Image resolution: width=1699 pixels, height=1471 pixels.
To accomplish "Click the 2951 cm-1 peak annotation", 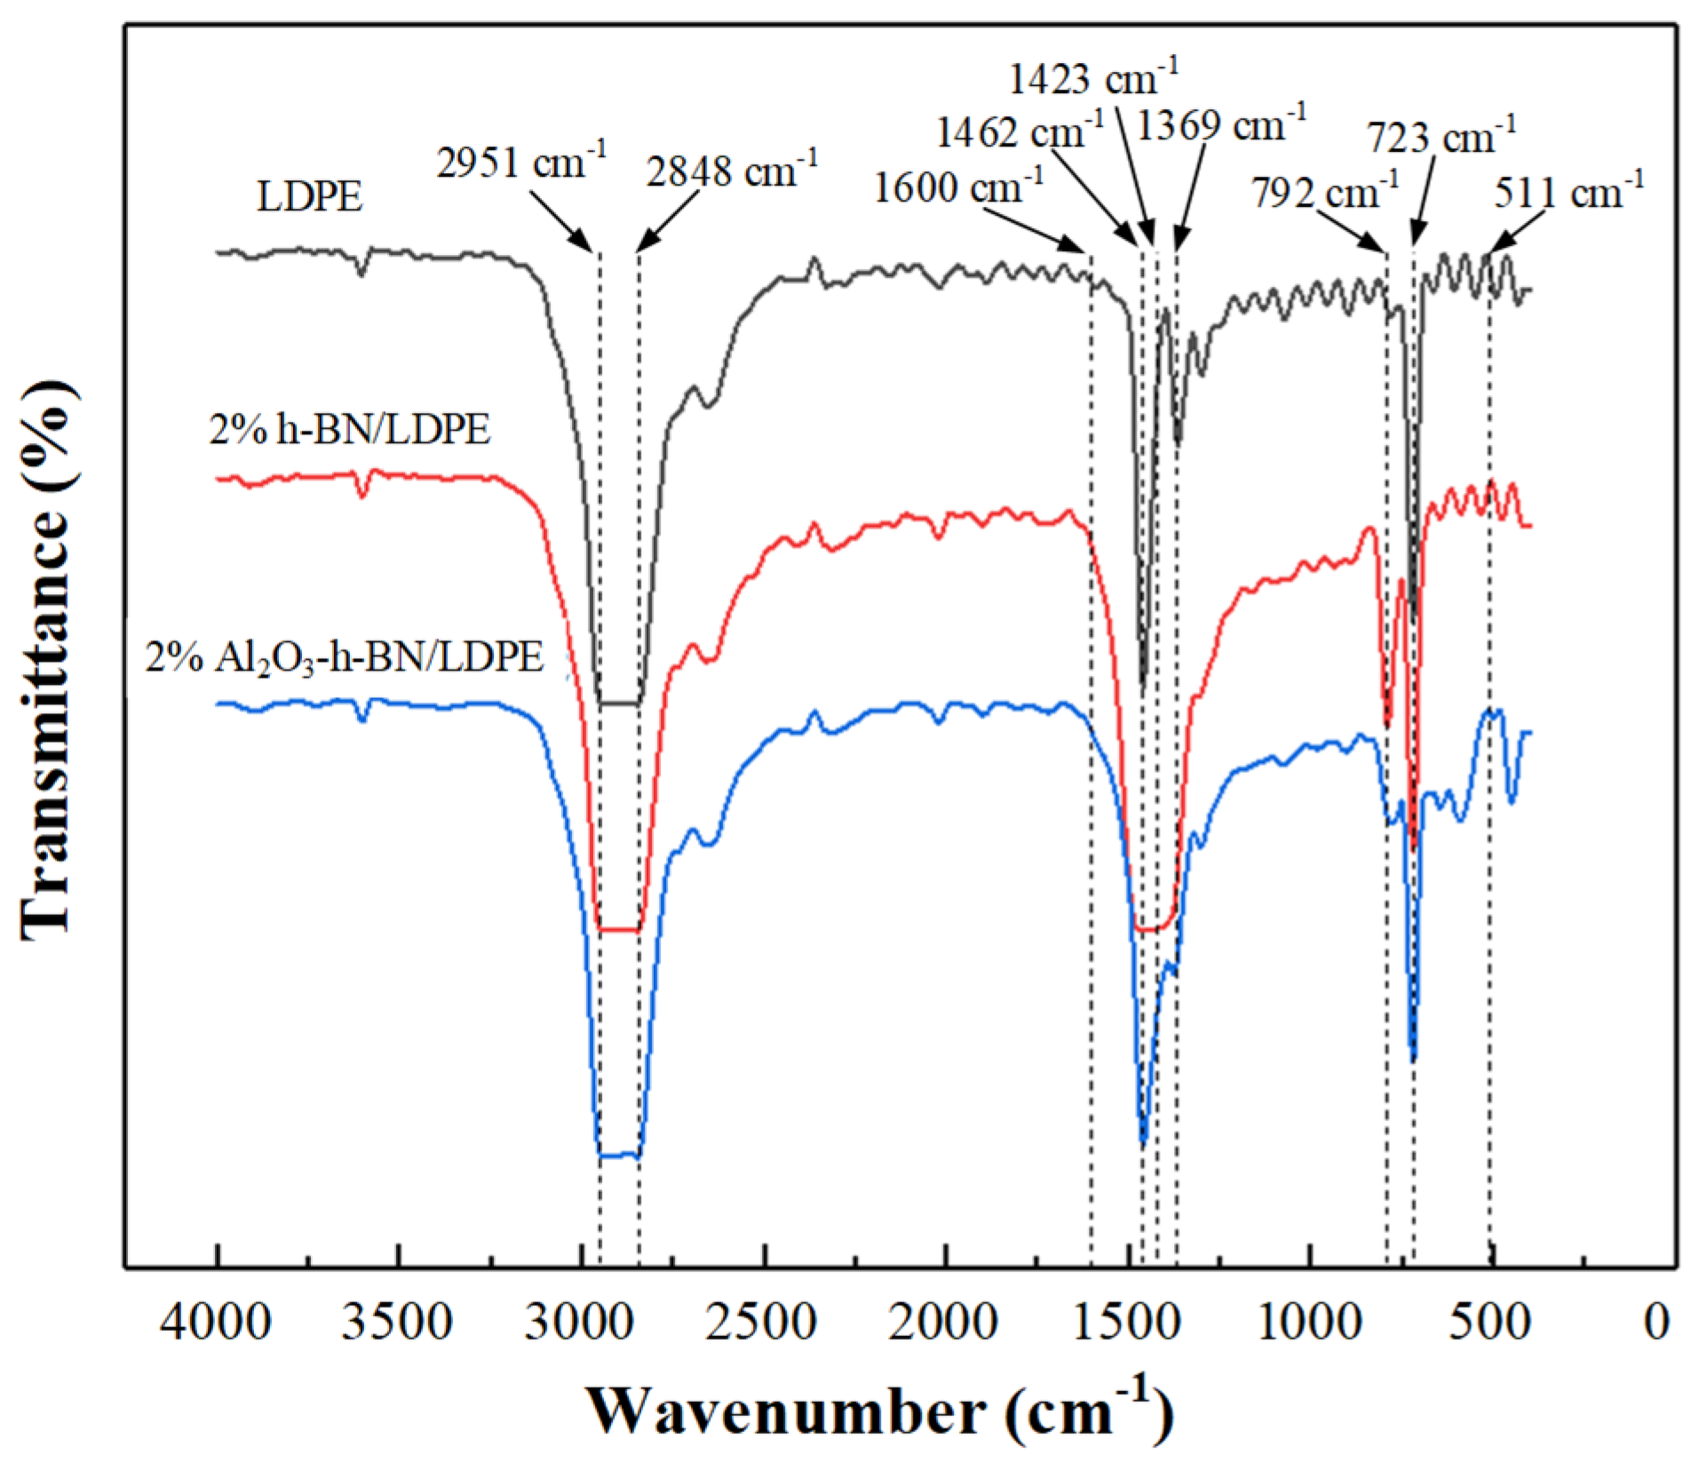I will click(521, 163).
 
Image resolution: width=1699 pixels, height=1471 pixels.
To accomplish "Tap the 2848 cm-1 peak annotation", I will click(731, 170).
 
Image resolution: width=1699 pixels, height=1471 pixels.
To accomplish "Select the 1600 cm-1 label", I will click(958, 187).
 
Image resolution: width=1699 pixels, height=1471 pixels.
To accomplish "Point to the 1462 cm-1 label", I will click(1020, 132).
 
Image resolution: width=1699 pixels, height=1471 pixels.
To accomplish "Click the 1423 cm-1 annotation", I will click(1092, 78).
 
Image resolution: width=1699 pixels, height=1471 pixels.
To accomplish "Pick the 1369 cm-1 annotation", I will click(1221, 124).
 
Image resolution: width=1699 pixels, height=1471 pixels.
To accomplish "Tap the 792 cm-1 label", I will click(1325, 191).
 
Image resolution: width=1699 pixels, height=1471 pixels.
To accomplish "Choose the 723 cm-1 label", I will click(1441, 137).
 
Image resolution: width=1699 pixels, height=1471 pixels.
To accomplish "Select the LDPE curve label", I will click(310, 197).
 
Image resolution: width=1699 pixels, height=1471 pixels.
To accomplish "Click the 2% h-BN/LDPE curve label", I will click(350, 430).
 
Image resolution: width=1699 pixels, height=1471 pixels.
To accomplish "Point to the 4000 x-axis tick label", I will click(216, 1323).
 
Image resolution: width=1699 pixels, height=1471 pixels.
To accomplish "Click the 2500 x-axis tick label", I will click(762, 1323).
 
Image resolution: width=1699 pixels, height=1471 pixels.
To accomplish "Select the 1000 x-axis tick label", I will click(1309, 1323).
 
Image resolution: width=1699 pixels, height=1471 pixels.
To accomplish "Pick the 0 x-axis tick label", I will click(1656, 1323).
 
